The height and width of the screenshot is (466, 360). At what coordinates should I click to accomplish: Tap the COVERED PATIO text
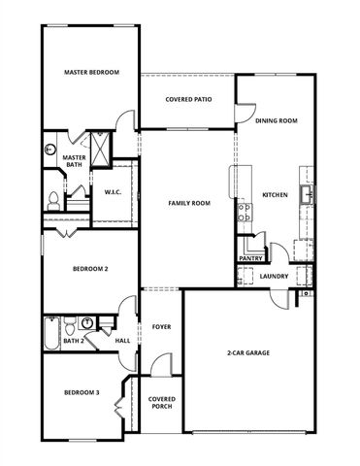(x=188, y=99)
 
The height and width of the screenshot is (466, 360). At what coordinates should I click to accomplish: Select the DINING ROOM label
(x=276, y=120)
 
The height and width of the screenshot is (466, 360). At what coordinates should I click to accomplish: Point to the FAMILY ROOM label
(x=188, y=203)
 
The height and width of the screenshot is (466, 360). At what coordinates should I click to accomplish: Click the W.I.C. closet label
(x=113, y=192)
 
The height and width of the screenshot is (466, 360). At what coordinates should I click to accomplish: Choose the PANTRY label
(x=250, y=258)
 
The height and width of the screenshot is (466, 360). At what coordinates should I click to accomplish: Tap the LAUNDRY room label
(x=276, y=277)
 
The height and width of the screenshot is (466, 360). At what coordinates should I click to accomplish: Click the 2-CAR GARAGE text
(x=248, y=354)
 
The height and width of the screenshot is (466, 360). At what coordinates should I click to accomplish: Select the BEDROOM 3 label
(x=82, y=392)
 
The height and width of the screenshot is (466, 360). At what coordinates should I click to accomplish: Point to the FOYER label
(x=161, y=326)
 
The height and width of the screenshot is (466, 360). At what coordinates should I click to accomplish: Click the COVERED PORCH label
(x=161, y=404)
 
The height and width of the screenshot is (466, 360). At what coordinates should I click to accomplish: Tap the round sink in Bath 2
(x=87, y=322)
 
